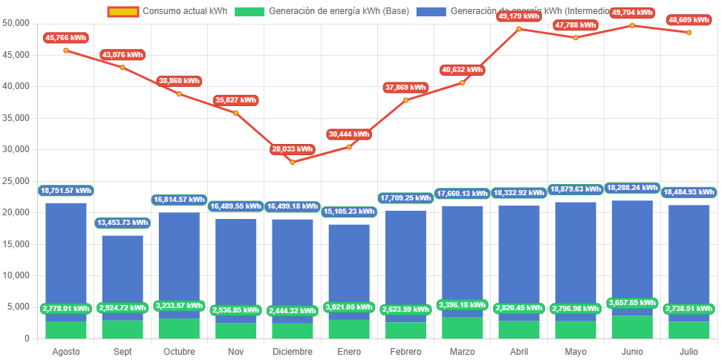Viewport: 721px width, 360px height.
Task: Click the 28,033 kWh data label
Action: [x=292, y=148]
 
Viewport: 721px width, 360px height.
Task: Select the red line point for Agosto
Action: [x=66, y=50]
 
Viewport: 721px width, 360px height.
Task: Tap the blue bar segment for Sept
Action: [x=123, y=267]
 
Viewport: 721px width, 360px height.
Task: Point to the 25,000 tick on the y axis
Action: [x=16, y=180]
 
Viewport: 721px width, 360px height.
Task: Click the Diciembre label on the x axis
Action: [x=292, y=351]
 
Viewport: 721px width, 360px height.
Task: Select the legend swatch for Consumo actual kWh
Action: [x=123, y=12]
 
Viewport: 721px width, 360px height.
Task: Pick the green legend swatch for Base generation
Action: [x=249, y=12]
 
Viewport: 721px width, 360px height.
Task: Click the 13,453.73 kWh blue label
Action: [x=123, y=223]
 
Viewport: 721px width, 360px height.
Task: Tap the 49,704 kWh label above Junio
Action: [x=632, y=13]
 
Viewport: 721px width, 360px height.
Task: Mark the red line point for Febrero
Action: [x=405, y=100]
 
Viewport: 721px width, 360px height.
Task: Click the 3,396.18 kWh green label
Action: [x=462, y=304]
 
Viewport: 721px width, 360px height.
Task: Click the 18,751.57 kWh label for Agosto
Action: [x=66, y=190]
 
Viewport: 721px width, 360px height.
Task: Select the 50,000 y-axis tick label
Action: [x=16, y=23]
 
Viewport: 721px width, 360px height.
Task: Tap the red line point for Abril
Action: [x=519, y=29]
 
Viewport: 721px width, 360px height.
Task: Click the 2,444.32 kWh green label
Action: [x=292, y=310]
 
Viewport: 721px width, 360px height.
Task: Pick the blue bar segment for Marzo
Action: [x=462, y=256]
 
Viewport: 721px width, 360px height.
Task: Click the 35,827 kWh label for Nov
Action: [x=235, y=99]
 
